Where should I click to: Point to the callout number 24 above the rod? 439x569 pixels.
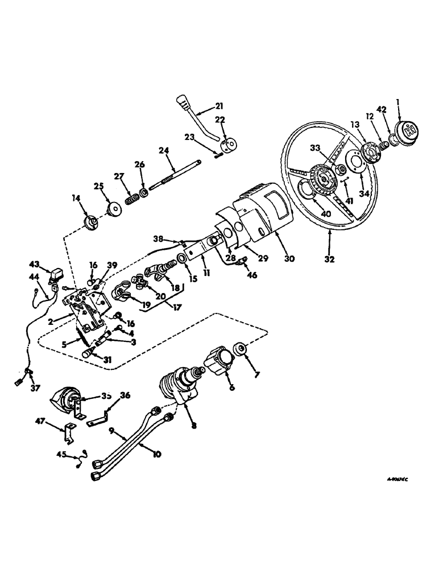click(164, 151)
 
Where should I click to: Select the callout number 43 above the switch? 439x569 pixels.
click(35, 265)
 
